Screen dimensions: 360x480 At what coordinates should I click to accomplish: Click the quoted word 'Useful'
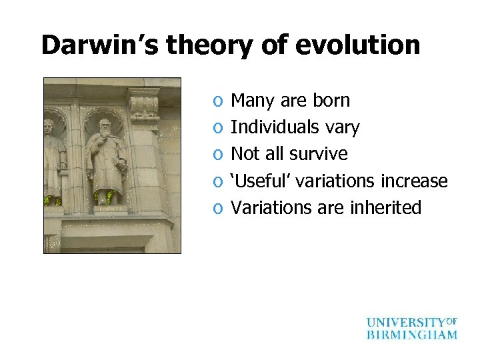[x=263, y=181]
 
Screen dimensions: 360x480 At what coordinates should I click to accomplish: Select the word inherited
[x=385, y=207]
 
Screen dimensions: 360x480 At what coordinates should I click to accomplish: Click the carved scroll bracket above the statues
[x=144, y=104]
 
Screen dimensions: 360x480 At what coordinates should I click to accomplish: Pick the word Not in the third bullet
[x=244, y=154]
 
